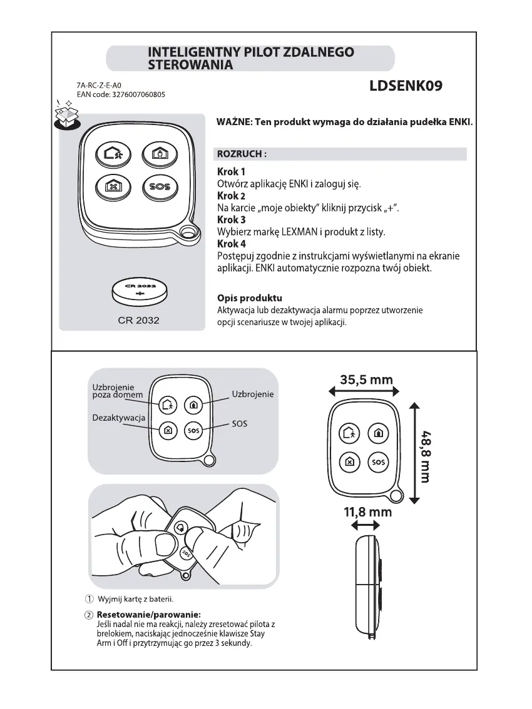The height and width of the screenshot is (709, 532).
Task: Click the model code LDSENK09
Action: click(406, 86)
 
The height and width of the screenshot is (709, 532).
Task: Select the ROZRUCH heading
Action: click(242, 154)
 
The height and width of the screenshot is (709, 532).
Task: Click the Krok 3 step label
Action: click(231, 220)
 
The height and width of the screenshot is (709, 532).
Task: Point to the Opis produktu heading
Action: click(249, 298)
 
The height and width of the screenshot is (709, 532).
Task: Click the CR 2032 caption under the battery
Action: click(138, 320)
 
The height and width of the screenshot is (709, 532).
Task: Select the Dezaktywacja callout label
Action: click(119, 417)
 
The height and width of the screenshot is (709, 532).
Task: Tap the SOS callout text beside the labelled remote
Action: click(239, 423)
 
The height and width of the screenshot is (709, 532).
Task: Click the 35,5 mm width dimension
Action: click(366, 380)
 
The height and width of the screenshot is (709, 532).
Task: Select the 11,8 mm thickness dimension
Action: click(367, 513)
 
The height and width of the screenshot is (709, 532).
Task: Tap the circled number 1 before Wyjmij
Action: click(89, 600)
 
